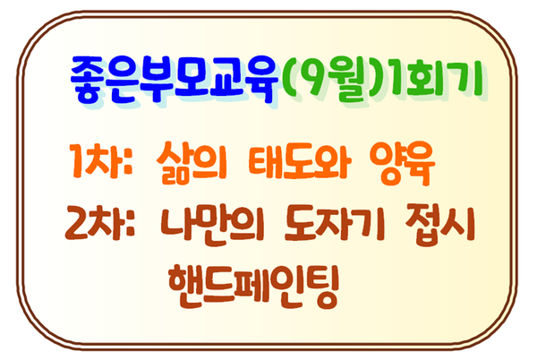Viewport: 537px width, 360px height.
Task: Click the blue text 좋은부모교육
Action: point(175,79)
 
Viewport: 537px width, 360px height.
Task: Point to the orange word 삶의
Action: point(192,162)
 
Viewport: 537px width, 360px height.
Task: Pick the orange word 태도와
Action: point(299,161)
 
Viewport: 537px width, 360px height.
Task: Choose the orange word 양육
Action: point(402,163)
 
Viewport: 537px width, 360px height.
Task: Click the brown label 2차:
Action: point(99,223)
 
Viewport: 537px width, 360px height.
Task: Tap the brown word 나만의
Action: point(212,225)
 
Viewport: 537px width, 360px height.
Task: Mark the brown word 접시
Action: point(439,226)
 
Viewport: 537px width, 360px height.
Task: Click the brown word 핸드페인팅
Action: point(254,286)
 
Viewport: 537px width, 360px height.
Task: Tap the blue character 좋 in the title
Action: point(89,80)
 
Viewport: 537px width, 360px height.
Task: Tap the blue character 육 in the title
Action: point(261,81)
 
